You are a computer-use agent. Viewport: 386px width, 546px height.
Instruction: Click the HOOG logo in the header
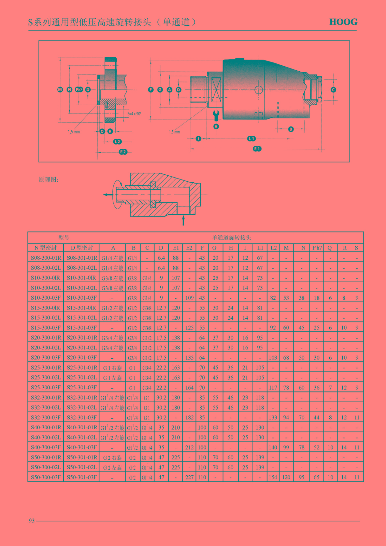click(343, 22)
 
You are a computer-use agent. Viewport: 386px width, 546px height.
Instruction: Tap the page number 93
click(32, 521)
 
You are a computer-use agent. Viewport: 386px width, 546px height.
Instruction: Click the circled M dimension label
click(60, 89)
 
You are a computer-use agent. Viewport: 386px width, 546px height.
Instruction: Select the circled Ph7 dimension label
click(79, 89)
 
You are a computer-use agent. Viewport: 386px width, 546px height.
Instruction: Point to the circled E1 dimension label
click(257, 149)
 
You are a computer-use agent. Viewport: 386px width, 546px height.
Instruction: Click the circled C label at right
click(333, 90)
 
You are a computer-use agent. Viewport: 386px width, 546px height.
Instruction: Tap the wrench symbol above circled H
click(216, 116)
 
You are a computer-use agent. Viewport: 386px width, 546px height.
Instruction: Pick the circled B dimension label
click(291, 129)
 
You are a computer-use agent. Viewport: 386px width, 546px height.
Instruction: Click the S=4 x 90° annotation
click(134, 114)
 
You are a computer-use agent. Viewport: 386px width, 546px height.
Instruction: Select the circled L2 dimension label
click(117, 142)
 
